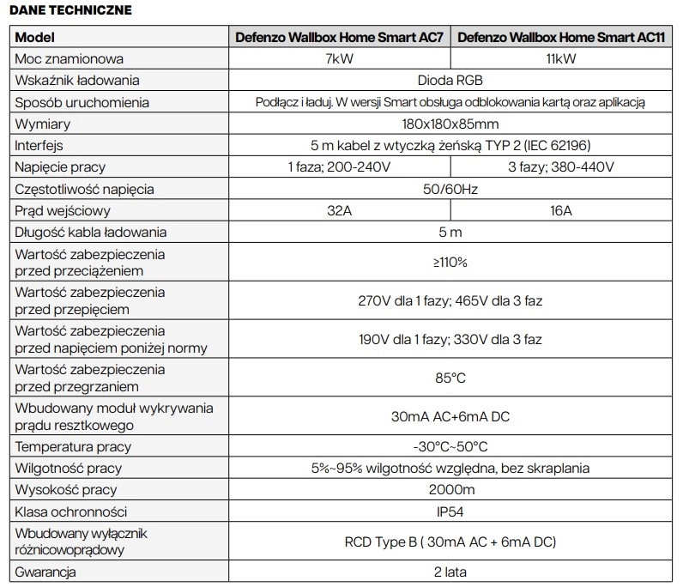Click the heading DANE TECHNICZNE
70,11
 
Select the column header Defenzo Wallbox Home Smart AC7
341,38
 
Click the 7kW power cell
341,59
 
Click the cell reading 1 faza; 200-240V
341,166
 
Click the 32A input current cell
341,210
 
